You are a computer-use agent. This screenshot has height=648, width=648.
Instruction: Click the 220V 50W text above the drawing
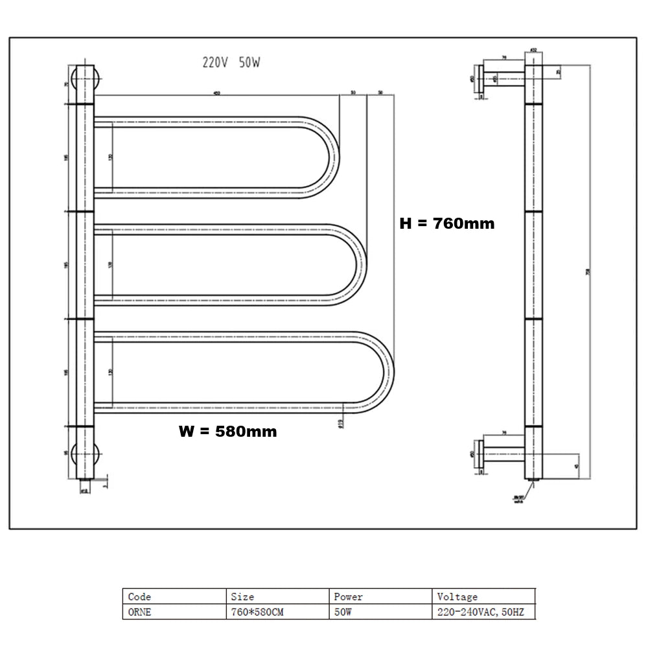[232, 63]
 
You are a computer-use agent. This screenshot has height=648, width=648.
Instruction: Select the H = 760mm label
[446, 224]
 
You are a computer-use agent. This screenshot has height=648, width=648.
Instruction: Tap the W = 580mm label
[227, 431]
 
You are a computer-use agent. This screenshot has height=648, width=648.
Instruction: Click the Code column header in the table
[139, 597]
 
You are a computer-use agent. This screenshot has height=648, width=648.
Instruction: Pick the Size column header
[242, 597]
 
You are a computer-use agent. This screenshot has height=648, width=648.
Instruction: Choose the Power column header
[348, 597]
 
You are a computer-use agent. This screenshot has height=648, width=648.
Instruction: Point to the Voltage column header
[457, 597]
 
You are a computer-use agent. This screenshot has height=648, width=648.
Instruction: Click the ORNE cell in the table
[139, 612]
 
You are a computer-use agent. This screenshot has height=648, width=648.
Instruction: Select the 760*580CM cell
[257, 612]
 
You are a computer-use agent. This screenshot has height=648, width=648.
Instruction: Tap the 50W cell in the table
[343, 612]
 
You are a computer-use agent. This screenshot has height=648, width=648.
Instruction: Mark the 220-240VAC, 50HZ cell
[480, 612]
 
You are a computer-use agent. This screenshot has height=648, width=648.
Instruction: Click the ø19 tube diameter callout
[340, 423]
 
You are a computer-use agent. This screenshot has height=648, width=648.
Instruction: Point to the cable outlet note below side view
[518, 499]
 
